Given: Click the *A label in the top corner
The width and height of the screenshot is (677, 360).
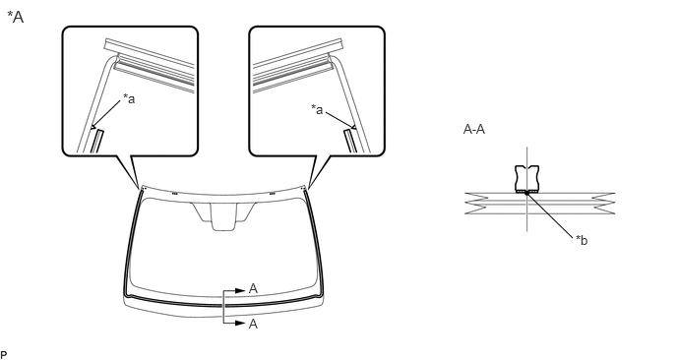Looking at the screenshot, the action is pos(16,18).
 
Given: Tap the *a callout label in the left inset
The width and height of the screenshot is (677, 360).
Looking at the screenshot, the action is pos(129,98).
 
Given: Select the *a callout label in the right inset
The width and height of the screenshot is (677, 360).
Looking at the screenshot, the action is pos(317,109).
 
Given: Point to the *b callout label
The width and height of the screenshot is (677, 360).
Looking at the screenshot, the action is pos(582,240).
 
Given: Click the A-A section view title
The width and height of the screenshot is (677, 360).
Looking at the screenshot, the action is pos(473,129).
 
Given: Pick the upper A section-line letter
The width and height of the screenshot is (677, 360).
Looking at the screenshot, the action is pos(254,289).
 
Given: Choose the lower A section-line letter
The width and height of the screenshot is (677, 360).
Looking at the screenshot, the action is pos(254,324).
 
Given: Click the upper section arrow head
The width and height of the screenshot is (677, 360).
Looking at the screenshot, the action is pos(240,291).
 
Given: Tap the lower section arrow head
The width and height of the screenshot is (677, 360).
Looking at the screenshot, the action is pos(240,323).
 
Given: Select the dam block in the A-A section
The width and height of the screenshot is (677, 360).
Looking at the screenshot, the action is pos(527,178).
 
